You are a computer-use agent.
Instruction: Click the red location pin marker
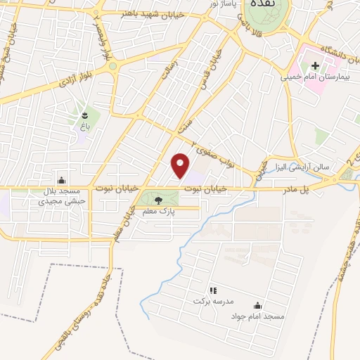[181, 165]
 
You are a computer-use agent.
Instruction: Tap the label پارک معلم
[162, 210]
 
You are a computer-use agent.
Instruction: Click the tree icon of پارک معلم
[157, 200]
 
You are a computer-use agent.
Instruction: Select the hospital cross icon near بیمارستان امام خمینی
[316, 66]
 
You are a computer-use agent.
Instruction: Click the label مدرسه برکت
[212, 300]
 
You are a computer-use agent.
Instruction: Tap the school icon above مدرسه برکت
[212, 290]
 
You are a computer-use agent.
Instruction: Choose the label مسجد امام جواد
[257, 316]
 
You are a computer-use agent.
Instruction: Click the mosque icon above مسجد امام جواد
[257, 305]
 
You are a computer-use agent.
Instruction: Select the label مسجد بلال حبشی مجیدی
[62, 195]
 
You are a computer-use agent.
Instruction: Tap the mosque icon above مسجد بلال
[61, 180]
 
